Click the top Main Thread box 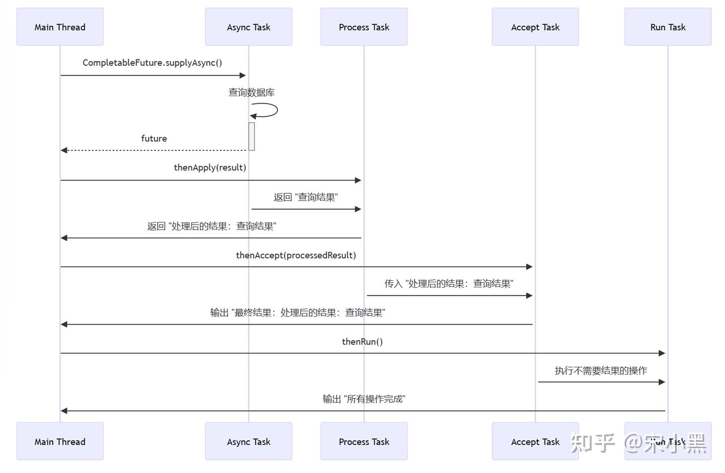pyautogui.click(x=60, y=27)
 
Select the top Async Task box pyautogui.click(x=248, y=27)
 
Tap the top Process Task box pyautogui.click(x=364, y=27)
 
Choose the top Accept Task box pyautogui.click(x=535, y=27)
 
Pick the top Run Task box pyautogui.click(x=668, y=27)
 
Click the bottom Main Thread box pyautogui.click(x=60, y=441)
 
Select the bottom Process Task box pyautogui.click(x=364, y=441)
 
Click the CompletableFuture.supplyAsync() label pyautogui.click(x=152, y=63)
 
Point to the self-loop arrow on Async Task pyautogui.click(x=272, y=110)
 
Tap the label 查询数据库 pyautogui.click(x=251, y=93)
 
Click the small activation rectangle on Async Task pyautogui.click(x=252, y=136)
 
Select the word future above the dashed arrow pyautogui.click(x=154, y=138)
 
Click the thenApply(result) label pyautogui.click(x=210, y=168)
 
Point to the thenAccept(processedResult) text pyautogui.click(x=296, y=255)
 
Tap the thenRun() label pyautogui.click(x=362, y=342)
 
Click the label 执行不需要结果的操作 pyautogui.click(x=601, y=371)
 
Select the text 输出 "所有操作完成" pyautogui.click(x=364, y=399)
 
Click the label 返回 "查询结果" pyautogui.click(x=306, y=197)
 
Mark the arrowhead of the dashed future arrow pyautogui.click(x=64, y=150)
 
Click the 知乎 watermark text pyautogui.click(x=592, y=443)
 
